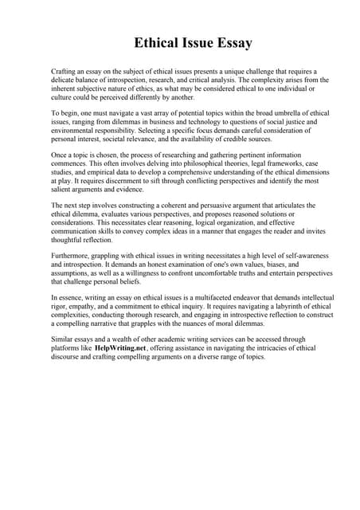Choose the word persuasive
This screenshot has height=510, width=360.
(x=210, y=205)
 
